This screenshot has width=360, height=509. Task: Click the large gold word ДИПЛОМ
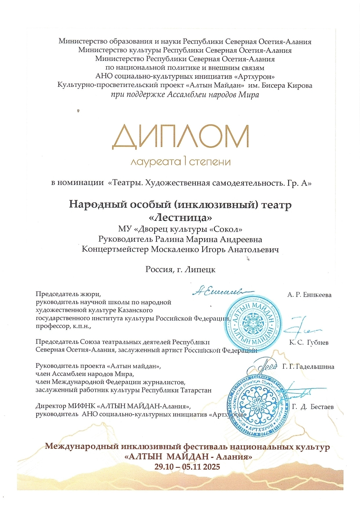click(180, 137)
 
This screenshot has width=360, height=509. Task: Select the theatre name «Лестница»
click(180, 217)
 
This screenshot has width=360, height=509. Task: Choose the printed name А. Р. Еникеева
click(309, 295)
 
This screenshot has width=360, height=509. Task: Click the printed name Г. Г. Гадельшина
click(308, 367)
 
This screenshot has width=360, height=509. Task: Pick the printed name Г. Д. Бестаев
click(313, 407)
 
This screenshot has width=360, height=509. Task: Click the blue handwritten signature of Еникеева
click(220, 291)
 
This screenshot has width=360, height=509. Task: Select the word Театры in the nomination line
click(126, 183)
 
